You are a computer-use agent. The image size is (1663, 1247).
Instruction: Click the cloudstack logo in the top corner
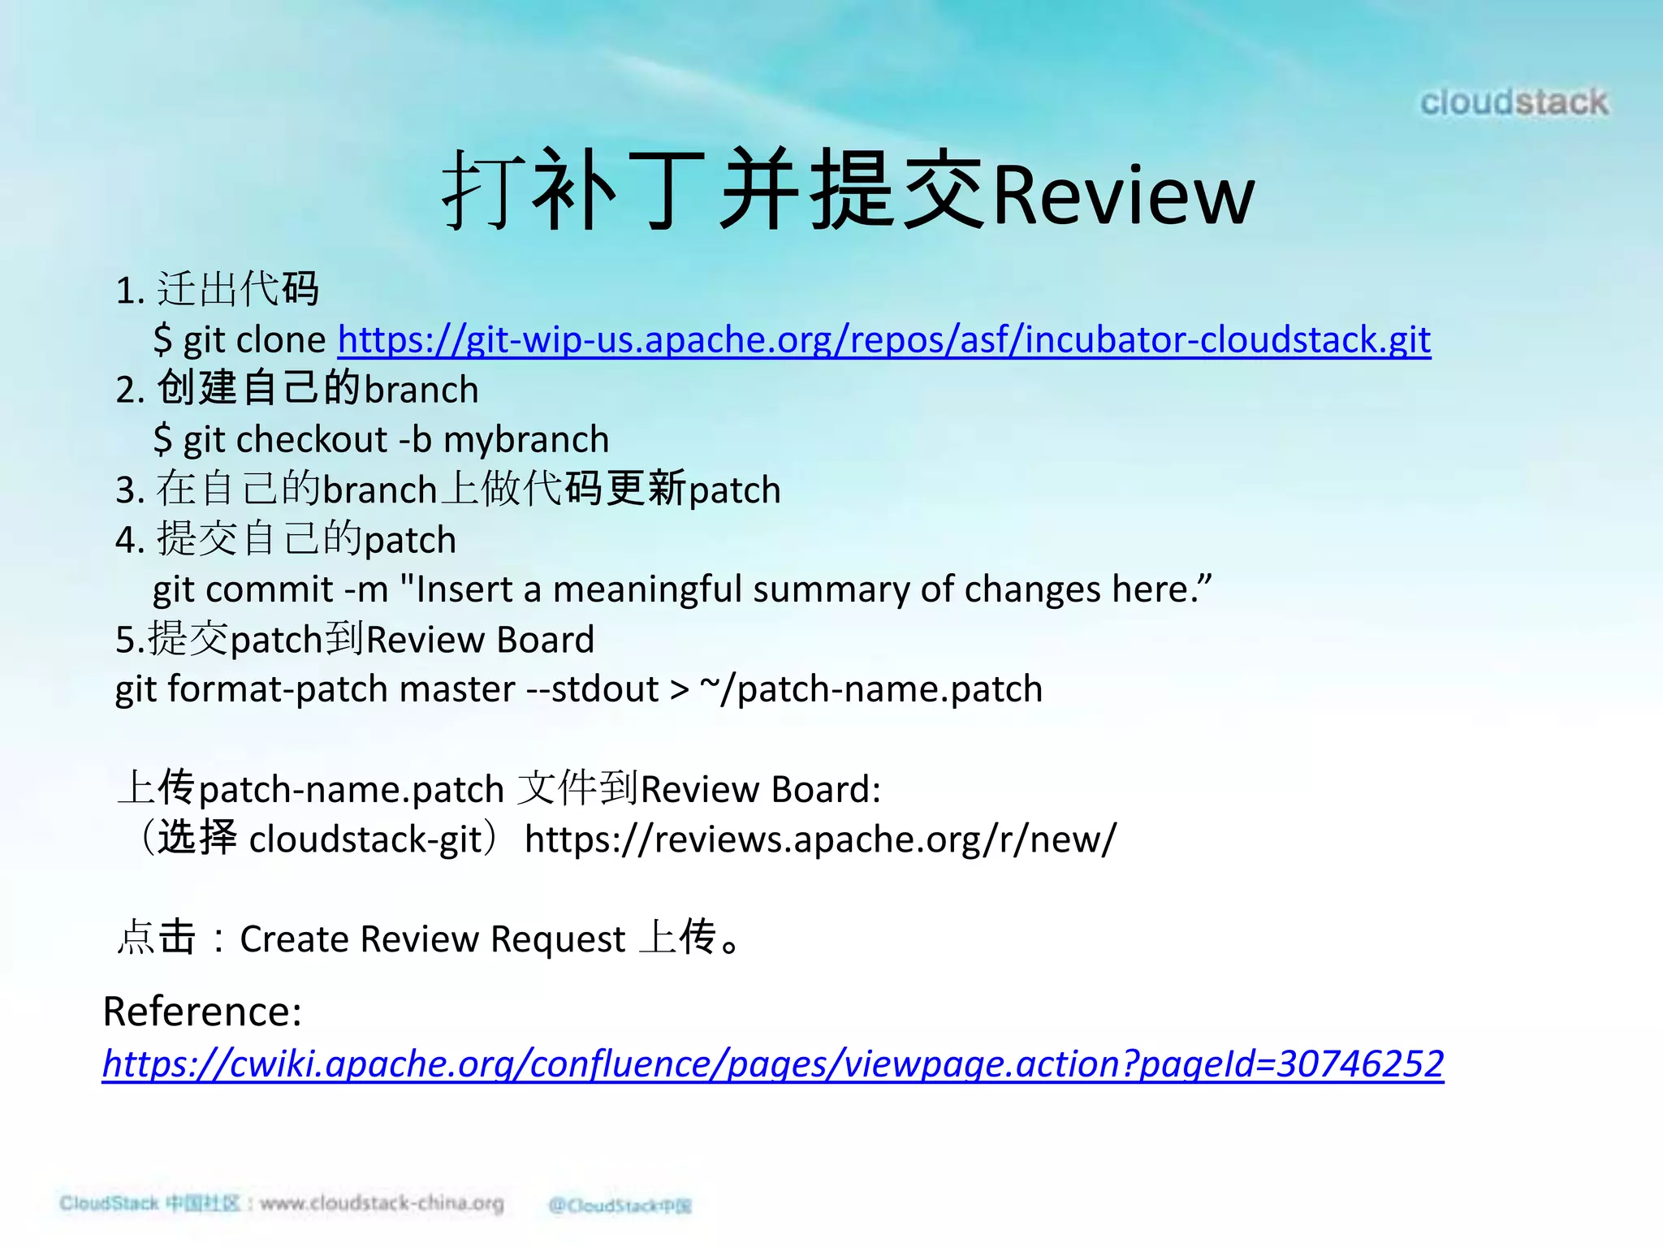[1514, 103]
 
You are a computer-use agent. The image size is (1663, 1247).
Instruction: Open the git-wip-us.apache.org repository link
[883, 339]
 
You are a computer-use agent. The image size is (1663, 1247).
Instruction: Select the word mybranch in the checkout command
[526, 440]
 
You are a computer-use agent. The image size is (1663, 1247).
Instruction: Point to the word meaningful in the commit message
[647, 589]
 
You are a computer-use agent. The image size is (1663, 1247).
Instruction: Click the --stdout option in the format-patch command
[593, 689]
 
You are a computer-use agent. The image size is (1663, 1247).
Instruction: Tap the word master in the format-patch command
[457, 689]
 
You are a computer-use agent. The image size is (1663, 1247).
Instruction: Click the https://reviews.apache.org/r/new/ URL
[820, 839]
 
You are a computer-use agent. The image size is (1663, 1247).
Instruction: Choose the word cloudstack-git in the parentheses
[365, 839]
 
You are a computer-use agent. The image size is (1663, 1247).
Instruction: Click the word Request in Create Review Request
[558, 940]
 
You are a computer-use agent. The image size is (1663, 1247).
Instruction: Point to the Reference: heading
[202, 1012]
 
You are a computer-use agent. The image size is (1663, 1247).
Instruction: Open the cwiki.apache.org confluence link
[772, 1064]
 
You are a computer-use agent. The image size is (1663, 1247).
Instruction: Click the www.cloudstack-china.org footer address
[382, 1203]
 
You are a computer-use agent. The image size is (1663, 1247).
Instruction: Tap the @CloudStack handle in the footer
[620, 1206]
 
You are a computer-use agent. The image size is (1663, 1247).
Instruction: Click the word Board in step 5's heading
[545, 640]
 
